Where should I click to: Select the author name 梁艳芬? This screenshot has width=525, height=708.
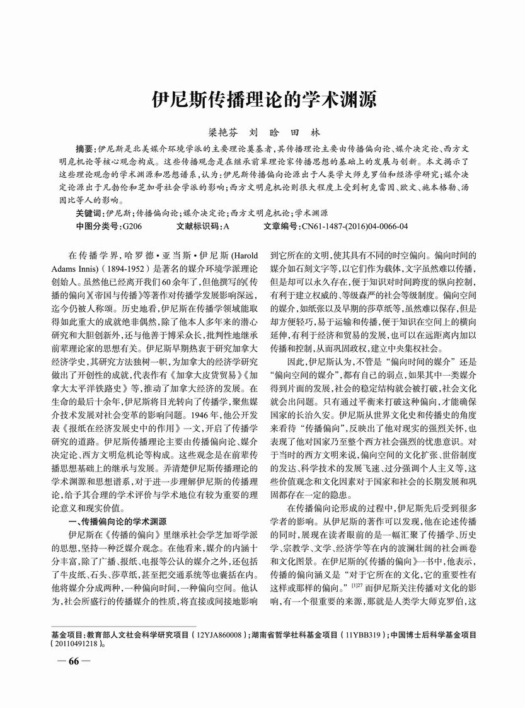click(220, 133)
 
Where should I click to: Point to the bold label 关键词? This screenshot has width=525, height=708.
click(89, 214)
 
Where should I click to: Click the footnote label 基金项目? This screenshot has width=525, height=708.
click(67, 635)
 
